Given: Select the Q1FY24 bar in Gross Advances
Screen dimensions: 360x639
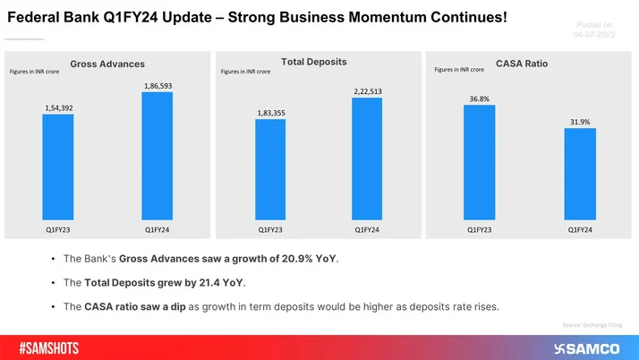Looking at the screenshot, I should (158, 155).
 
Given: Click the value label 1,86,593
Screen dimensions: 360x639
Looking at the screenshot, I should (158, 86).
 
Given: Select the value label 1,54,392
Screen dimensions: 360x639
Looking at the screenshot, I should (58, 108).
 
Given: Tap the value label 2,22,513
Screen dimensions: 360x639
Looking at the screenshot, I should (367, 91).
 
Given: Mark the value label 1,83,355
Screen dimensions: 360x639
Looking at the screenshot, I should (269, 114).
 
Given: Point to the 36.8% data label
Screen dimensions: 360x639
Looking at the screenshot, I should (479, 99).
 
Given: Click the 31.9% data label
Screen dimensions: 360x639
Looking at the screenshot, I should (579, 122).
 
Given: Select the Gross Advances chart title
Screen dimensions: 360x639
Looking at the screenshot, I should (107, 63).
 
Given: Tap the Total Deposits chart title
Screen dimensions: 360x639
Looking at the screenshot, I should (314, 61).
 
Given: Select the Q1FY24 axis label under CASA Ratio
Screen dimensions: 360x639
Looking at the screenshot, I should (579, 229).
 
